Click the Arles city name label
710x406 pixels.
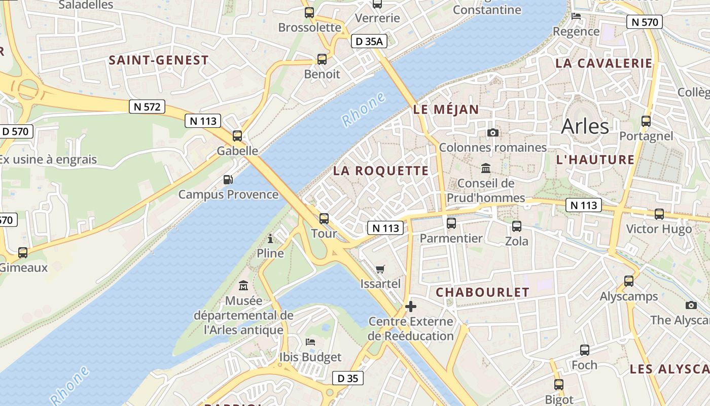click(585, 126)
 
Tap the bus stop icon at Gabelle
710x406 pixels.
click(237, 136)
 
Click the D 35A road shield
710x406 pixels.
click(369, 42)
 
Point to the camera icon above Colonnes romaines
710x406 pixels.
click(492, 133)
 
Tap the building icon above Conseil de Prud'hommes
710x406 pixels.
click(486, 168)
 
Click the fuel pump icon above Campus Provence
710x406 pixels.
click(228, 180)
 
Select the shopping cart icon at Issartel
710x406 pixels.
click(380, 269)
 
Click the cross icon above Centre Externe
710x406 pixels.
click(411, 307)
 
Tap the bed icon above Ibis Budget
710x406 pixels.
click(310, 342)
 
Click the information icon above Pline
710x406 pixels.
click(270, 238)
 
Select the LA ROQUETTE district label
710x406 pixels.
click(381, 171)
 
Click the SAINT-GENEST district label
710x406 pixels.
click(159, 60)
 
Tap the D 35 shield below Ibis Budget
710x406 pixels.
click(348, 378)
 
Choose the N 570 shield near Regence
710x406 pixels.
click(645, 22)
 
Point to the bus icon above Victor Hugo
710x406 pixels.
click(659, 214)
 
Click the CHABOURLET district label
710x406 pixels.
click(482, 292)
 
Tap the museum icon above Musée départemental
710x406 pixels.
click(244, 286)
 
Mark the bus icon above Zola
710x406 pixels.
click(517, 226)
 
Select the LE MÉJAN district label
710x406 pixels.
click(446, 110)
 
